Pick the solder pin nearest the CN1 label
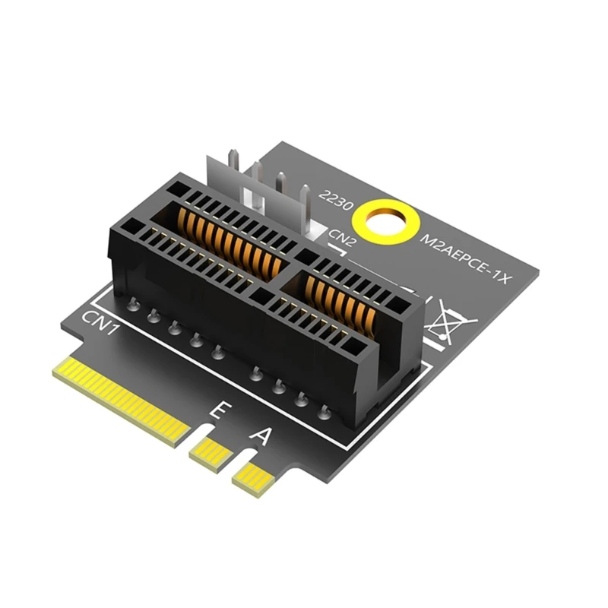(134, 306)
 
